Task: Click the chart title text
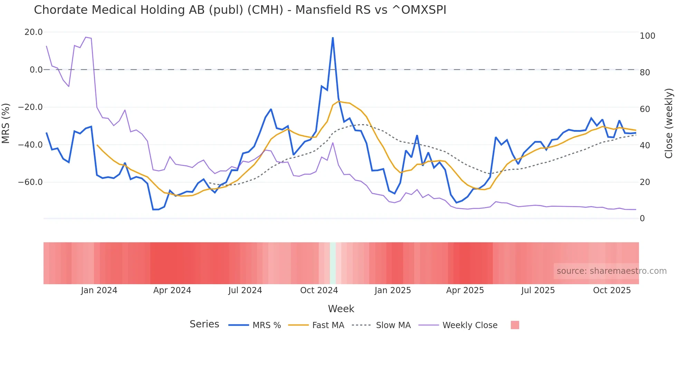coord(240,10)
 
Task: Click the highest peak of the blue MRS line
coord(333,38)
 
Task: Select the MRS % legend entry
coord(255,325)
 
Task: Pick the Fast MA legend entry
coord(316,325)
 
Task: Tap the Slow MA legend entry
coord(381,325)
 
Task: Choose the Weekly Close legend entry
coord(458,325)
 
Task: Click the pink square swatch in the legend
coord(515,325)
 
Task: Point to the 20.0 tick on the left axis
coord(34,32)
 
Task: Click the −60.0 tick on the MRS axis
coord(30,182)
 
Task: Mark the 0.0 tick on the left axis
coord(36,70)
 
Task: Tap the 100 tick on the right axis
coord(647,36)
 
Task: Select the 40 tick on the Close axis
coord(645,146)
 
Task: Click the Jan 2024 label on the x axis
coord(99,290)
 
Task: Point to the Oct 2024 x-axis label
coord(319,290)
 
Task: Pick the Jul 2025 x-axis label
coord(538,290)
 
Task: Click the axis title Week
coord(341,309)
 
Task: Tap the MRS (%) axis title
coord(6,123)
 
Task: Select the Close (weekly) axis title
coord(669,123)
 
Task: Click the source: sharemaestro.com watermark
coord(611,271)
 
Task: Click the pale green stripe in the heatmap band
coord(333,263)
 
